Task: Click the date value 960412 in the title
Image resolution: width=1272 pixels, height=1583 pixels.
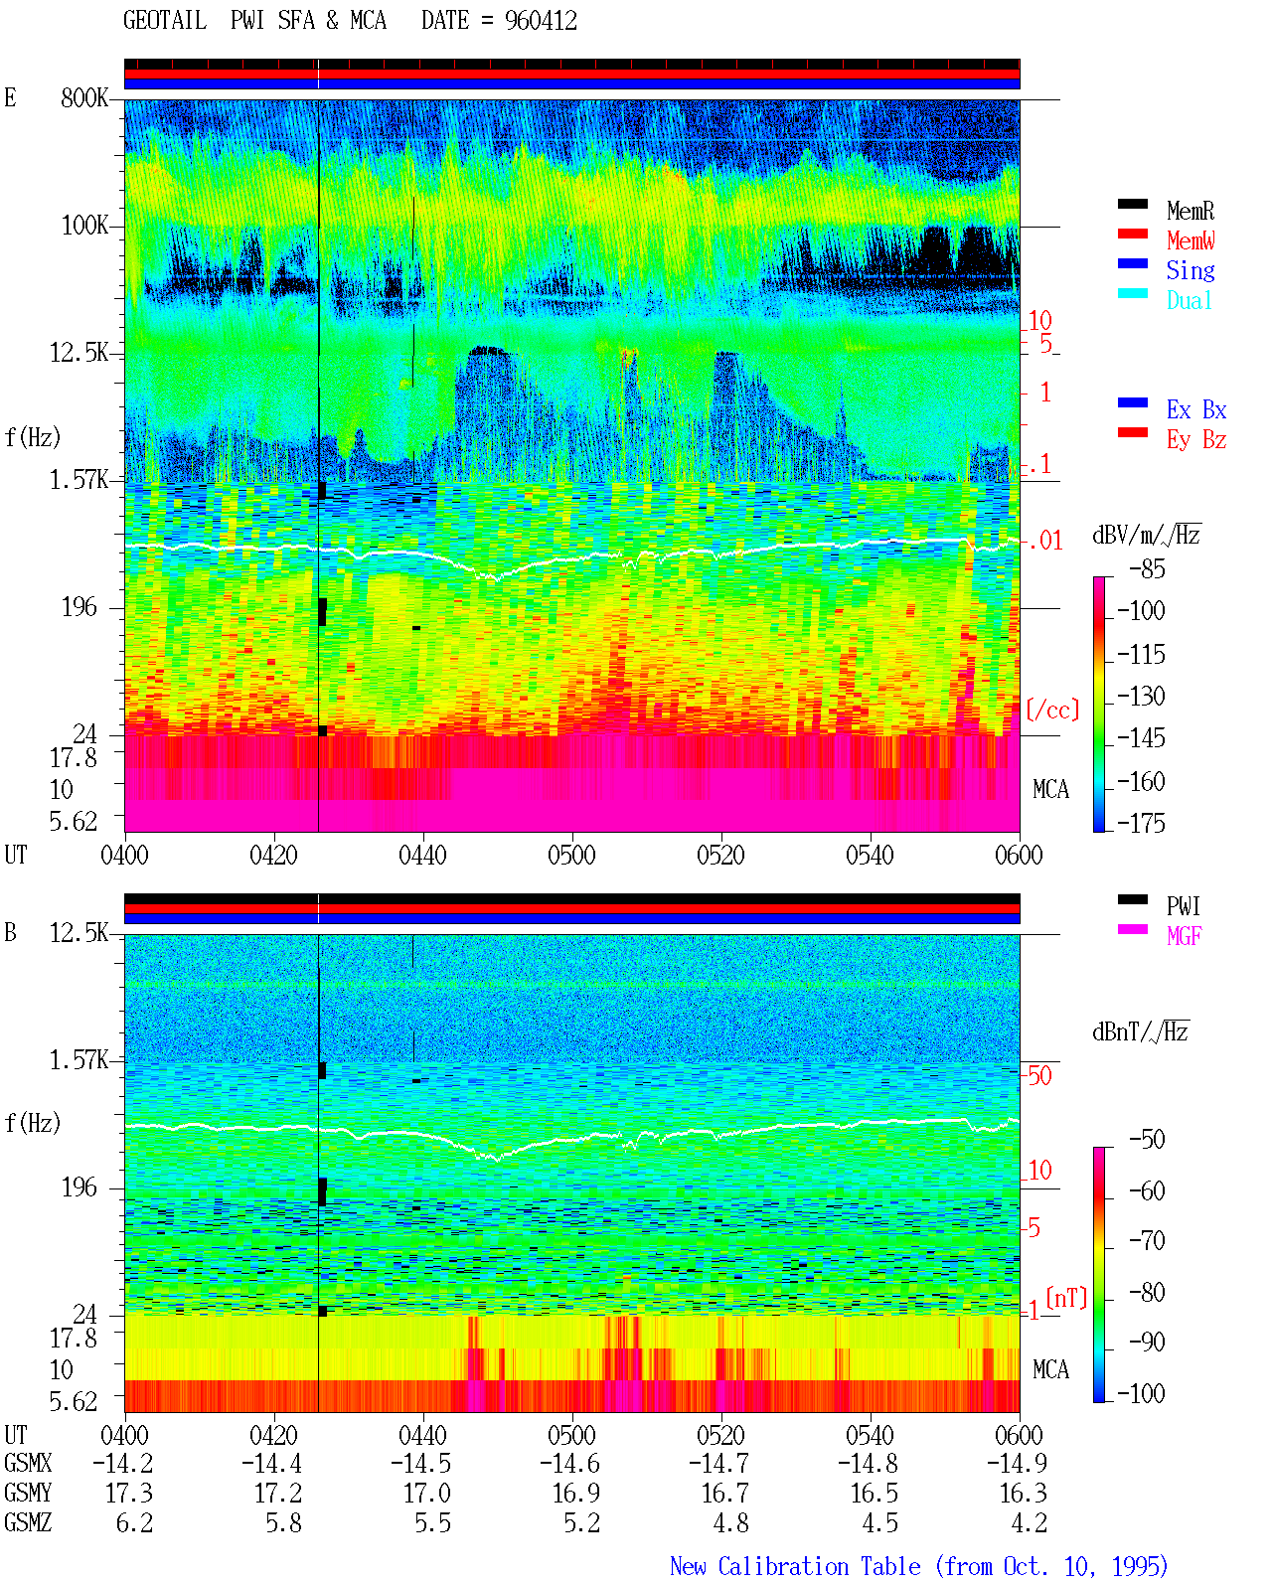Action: click(x=541, y=21)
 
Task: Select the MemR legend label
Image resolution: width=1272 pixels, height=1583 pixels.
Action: click(x=1191, y=211)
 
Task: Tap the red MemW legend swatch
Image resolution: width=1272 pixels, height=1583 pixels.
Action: click(x=1132, y=234)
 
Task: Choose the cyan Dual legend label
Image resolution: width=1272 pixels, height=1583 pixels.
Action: click(x=1190, y=300)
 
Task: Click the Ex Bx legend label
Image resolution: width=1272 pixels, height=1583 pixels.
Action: click(x=1196, y=409)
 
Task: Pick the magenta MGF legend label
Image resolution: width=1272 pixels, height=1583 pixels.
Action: click(x=1184, y=936)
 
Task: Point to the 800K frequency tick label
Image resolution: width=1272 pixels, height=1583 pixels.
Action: click(x=84, y=97)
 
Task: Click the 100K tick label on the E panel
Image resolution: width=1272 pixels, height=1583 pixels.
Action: click(x=84, y=226)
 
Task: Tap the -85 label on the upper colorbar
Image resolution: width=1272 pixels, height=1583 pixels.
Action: click(x=1147, y=568)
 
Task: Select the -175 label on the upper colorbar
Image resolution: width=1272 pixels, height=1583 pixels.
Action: click(x=1141, y=823)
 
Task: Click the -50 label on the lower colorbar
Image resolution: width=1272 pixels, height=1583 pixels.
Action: click(x=1147, y=1140)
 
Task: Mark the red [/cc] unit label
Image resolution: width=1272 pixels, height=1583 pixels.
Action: click(x=1052, y=710)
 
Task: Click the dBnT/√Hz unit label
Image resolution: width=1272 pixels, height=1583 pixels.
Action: click(x=1140, y=1031)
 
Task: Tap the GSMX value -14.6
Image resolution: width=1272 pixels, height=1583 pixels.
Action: click(x=570, y=1463)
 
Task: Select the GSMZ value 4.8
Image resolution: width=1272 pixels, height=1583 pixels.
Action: click(x=730, y=1522)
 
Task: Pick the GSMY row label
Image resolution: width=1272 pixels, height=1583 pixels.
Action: click(x=28, y=1493)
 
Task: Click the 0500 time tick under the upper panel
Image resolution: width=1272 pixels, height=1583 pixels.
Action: click(x=571, y=855)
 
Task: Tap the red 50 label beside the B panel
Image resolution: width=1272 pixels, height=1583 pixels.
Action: click(x=1039, y=1076)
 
